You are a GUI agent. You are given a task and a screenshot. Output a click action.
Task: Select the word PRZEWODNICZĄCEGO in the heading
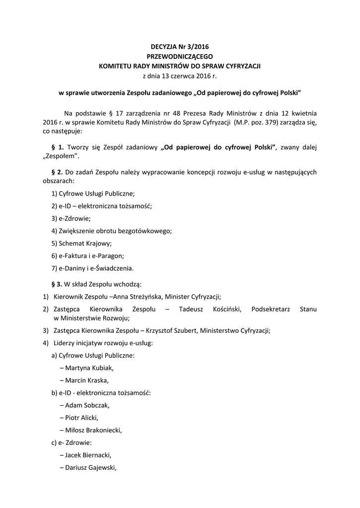click(180, 57)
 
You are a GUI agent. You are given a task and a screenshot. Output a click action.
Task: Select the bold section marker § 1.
click(58, 147)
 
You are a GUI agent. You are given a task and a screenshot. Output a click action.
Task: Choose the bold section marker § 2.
click(58, 172)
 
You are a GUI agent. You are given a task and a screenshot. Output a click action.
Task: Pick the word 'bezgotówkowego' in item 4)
click(146, 231)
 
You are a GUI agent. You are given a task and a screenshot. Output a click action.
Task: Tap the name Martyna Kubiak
click(89, 368)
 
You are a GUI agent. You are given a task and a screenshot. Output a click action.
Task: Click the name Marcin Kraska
click(87, 381)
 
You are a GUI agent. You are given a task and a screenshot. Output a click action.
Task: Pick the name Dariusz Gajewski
click(91, 467)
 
